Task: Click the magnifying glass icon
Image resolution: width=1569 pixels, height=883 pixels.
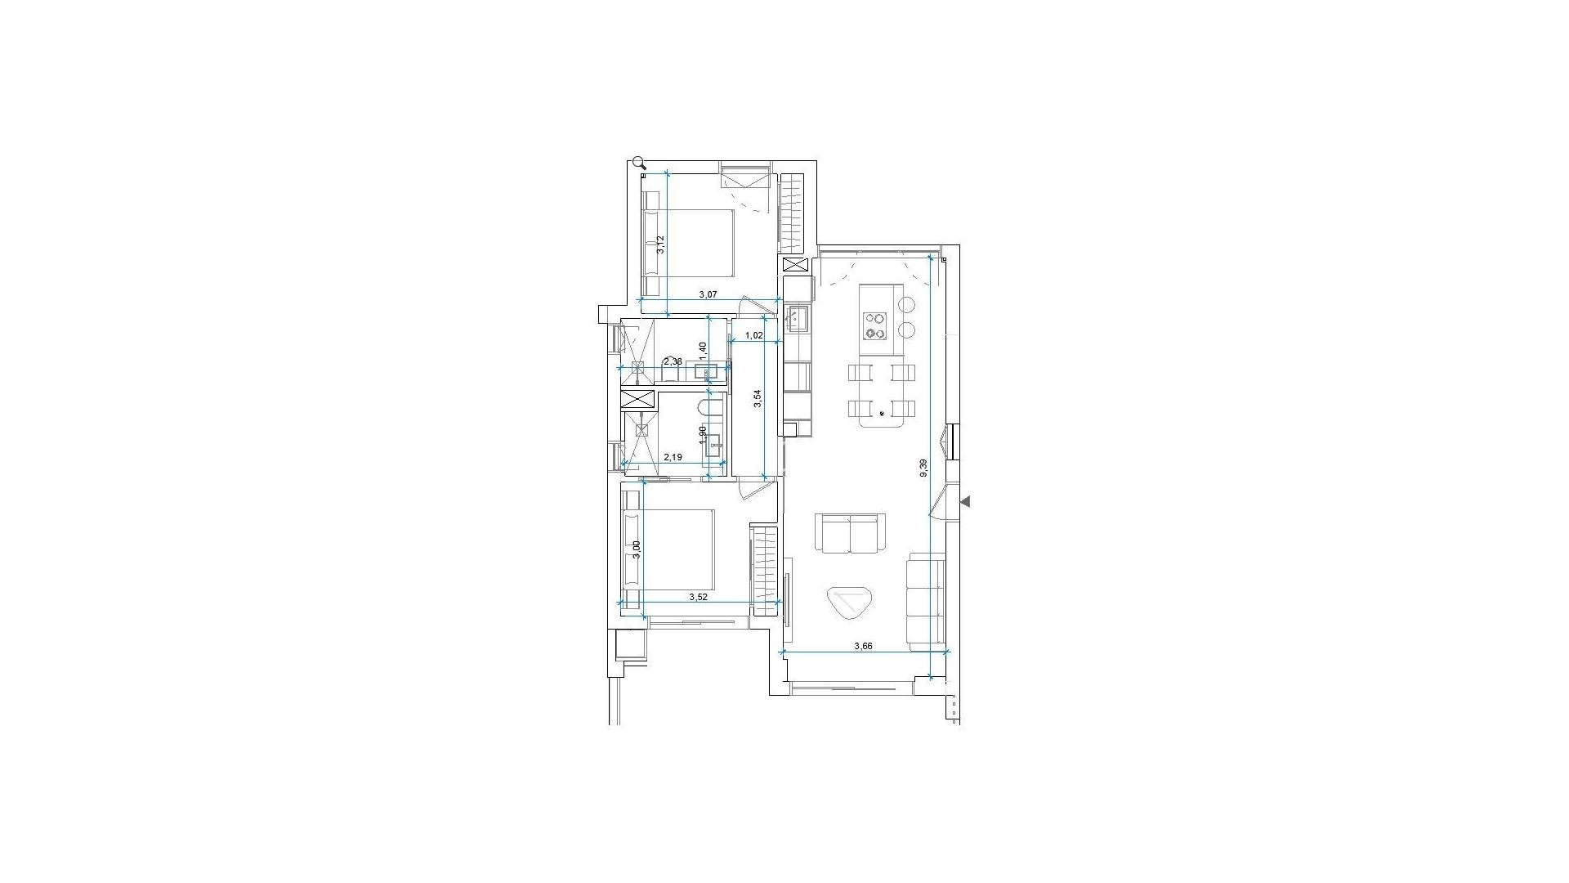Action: [639, 163]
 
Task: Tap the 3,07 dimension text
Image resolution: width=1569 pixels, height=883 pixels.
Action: [708, 294]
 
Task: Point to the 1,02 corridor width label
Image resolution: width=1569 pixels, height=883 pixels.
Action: [754, 335]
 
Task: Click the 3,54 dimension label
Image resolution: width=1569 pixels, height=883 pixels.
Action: [758, 398]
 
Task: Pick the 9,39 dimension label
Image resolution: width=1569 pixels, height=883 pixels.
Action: [923, 468]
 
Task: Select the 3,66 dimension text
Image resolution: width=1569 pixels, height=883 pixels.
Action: [863, 646]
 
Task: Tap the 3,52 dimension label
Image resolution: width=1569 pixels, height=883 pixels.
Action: [698, 597]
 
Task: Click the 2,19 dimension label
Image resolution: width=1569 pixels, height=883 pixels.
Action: [673, 458]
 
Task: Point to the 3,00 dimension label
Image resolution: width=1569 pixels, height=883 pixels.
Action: [637, 550]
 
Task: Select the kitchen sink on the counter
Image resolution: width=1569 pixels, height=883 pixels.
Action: [797, 317]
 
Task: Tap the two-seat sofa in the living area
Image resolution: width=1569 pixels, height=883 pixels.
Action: [850, 533]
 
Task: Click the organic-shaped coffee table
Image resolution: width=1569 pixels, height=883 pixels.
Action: [849, 603]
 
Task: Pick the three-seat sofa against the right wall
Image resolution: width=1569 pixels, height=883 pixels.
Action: [926, 598]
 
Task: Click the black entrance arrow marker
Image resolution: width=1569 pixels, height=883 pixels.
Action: [965, 502]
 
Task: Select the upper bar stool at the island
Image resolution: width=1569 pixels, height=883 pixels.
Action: [907, 304]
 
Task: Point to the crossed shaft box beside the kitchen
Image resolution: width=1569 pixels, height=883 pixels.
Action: [794, 265]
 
